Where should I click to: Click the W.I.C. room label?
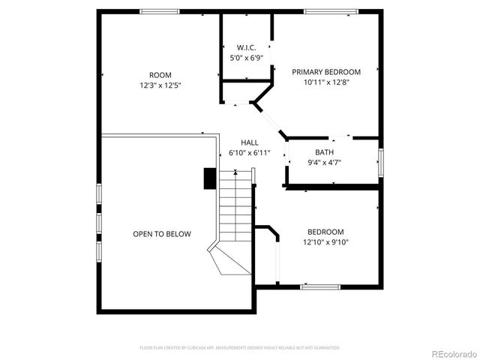[x=247, y=46]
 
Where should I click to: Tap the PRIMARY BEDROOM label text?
[x=326, y=72]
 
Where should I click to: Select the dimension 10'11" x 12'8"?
[x=326, y=82]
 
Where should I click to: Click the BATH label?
[x=325, y=152]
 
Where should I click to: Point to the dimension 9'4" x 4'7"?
[x=325, y=163]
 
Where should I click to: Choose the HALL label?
[x=250, y=142]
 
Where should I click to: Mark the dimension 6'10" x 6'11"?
[x=250, y=153]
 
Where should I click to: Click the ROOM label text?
[x=160, y=75]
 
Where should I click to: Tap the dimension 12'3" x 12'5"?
[x=160, y=85]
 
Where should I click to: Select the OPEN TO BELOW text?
[x=162, y=234]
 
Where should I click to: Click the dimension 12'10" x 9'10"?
[x=325, y=242]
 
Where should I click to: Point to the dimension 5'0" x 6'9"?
[x=247, y=57]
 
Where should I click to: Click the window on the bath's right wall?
[x=381, y=162]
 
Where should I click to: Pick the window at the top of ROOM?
[x=160, y=11]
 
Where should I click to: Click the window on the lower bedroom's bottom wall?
[x=320, y=286]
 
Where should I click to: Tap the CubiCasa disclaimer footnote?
[x=240, y=348]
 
